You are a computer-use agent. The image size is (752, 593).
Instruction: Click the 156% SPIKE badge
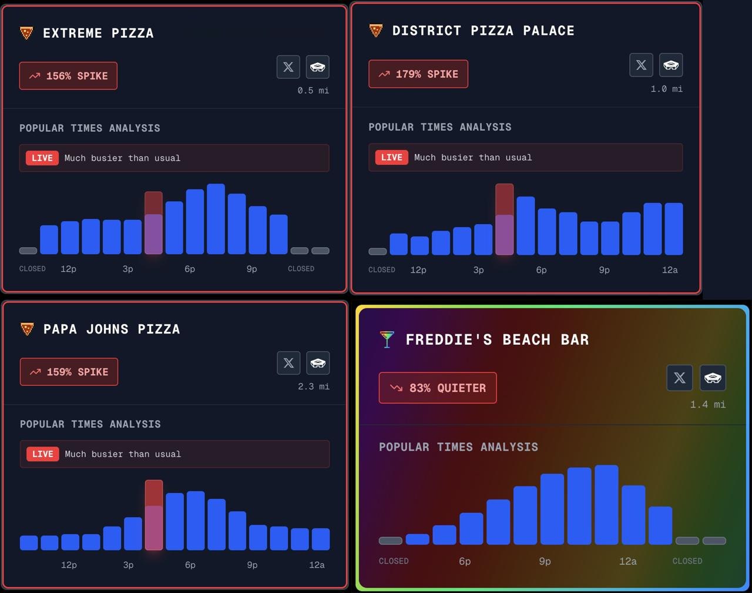click(x=68, y=76)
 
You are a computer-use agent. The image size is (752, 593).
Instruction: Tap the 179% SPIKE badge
click(x=418, y=74)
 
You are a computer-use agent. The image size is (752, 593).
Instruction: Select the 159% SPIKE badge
click(x=69, y=372)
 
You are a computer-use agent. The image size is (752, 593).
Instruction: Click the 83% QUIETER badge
click(x=438, y=388)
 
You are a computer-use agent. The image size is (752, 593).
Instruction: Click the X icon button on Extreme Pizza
click(x=288, y=67)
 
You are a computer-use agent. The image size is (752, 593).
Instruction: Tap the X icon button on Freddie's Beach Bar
click(x=680, y=378)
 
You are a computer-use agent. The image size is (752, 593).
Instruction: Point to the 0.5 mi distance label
click(x=313, y=91)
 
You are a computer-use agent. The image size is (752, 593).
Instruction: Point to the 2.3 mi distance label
click(x=314, y=387)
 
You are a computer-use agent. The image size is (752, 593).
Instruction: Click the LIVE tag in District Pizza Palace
click(x=392, y=157)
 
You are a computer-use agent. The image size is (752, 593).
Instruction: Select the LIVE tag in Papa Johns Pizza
click(x=43, y=454)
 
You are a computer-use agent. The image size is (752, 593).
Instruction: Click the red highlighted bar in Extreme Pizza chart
click(x=153, y=222)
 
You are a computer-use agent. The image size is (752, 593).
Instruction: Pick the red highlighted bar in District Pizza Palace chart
click(x=504, y=219)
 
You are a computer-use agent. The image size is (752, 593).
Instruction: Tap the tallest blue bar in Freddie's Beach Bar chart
click(x=606, y=504)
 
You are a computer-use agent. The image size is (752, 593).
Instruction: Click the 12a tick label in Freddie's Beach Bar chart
click(x=627, y=561)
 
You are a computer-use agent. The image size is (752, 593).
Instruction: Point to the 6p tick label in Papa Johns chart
click(x=190, y=565)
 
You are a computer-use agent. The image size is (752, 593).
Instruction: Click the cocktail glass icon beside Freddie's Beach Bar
click(x=387, y=339)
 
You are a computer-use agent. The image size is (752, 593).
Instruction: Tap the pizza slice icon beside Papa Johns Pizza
click(x=27, y=329)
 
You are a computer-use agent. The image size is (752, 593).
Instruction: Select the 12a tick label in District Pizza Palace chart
click(x=670, y=270)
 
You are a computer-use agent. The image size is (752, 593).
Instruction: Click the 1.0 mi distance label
click(x=666, y=89)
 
